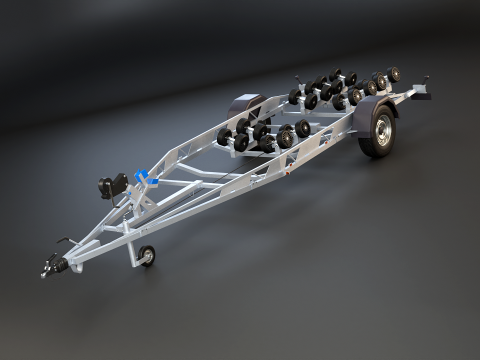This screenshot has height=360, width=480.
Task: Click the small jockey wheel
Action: pyautogui.click(x=146, y=257)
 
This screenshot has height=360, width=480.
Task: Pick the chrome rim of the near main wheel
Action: pyautogui.click(x=381, y=133)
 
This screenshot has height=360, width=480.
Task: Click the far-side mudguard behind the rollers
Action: pyautogui.click(x=246, y=103)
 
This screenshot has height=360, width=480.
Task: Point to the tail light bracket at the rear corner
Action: pyautogui.click(x=423, y=92)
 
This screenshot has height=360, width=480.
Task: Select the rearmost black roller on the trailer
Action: pyautogui.click(x=393, y=73)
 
